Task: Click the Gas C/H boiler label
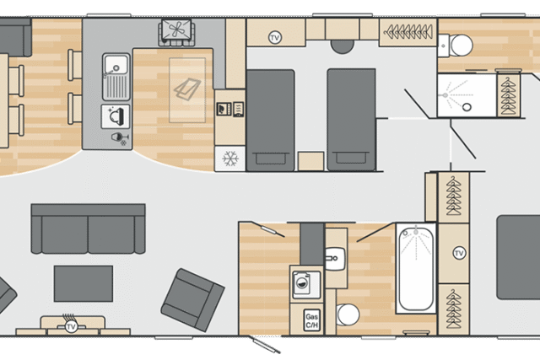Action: [x=311, y=320]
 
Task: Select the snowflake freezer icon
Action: [x=230, y=159]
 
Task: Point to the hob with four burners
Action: [x=176, y=30]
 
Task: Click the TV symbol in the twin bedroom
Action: [x=274, y=37]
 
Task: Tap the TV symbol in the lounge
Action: [x=71, y=326]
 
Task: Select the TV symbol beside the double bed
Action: [x=459, y=253]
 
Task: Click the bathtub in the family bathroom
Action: [x=416, y=268]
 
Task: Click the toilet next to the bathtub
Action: [x=348, y=314]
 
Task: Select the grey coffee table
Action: [x=84, y=283]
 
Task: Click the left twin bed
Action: [x=271, y=120]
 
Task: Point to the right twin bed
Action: [x=351, y=120]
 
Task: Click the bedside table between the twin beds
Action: [x=311, y=161]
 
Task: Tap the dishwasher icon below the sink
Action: [x=116, y=116]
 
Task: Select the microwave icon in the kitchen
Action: [x=223, y=109]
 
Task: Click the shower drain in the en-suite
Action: [x=467, y=107]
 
